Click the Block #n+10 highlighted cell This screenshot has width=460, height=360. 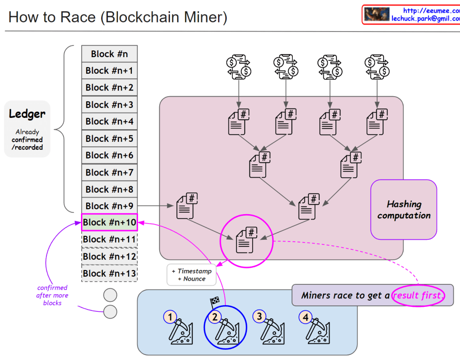tap(109, 222)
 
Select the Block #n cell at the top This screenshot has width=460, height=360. tap(109, 54)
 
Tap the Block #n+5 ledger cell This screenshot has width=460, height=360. tap(109, 139)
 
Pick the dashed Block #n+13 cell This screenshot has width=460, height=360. tap(109, 273)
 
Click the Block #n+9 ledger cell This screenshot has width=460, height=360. tap(109, 206)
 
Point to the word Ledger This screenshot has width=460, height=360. tap(27, 114)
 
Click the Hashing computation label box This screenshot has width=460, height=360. tap(404, 210)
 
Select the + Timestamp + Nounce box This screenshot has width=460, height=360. tap(192, 275)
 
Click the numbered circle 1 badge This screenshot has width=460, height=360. tap(170, 317)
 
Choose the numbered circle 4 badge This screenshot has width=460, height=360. tap(305, 317)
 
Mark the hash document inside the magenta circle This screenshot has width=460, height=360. tap(246, 240)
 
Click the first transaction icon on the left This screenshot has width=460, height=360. tap(238, 66)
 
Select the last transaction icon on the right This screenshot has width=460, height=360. tap(376, 66)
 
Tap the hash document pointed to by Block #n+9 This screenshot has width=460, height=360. tap(187, 207)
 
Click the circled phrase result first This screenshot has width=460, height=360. tap(418, 296)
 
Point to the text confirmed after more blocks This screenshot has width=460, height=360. tap(52, 295)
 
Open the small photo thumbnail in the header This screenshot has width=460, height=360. tap(376, 14)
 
